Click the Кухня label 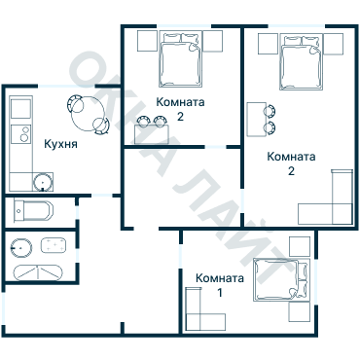pyautogui.click(x=60, y=144)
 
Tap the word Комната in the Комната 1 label pyautogui.click(x=220, y=278)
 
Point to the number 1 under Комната pyautogui.click(x=220, y=293)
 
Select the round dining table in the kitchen pyautogui.click(x=89, y=114)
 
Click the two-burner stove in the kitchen pyautogui.click(x=21, y=134)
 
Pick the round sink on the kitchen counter pyautogui.click(x=43, y=182)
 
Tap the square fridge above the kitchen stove pyautogui.click(x=21, y=109)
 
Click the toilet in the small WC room pyautogui.click(x=33, y=211)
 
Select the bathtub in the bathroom pyautogui.click(x=38, y=272)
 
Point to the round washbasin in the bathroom pyautogui.click(x=21, y=248)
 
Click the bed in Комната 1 pyautogui.click(x=281, y=280)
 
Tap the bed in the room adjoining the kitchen pyautogui.click(x=180, y=59)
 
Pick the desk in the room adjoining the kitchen pyautogui.click(x=152, y=134)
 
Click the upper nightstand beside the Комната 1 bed pyautogui.click(x=300, y=246)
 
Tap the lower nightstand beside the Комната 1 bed pyautogui.click(x=300, y=312)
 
